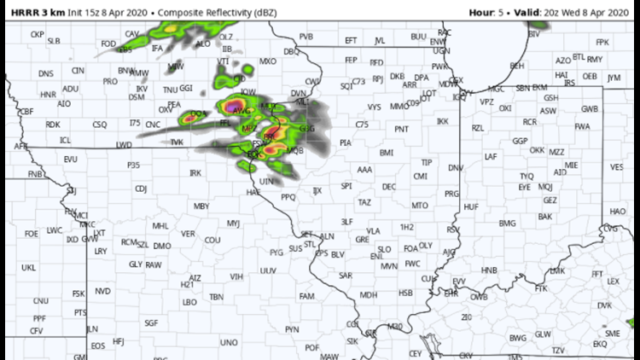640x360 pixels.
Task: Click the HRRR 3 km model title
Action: pos(35,13)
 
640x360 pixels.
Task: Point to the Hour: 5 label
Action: pos(489,13)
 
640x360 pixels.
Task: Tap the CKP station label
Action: pos(37,34)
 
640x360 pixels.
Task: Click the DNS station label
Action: pos(45,73)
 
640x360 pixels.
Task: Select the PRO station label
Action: pos(109,81)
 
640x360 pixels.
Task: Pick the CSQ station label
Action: pos(100,124)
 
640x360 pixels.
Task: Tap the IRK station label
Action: pos(195,172)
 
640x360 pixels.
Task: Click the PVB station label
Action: pos(306,37)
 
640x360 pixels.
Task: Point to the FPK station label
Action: pos(602,42)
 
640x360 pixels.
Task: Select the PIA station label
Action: pos(346,142)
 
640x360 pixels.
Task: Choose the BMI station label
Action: pos(387,153)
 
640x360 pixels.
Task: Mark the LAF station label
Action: pos(491,156)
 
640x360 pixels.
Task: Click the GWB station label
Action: pos(590,109)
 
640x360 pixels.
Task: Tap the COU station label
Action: pos(212,240)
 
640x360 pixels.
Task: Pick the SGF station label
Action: pos(151,322)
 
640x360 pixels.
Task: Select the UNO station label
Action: pos(229,342)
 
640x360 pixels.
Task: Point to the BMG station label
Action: pos(508,223)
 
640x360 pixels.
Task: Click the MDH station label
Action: pos(369,295)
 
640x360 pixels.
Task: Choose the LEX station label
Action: pos(613,281)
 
